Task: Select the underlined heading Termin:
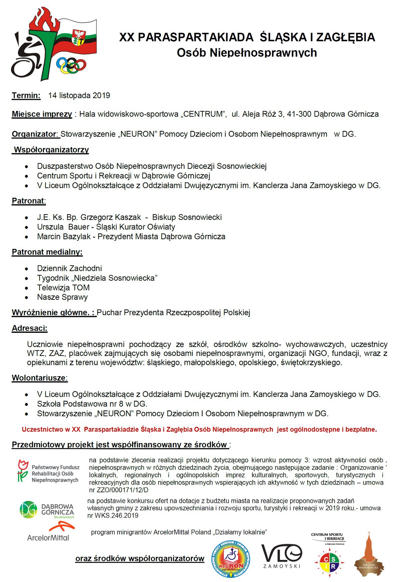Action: click(x=26, y=95)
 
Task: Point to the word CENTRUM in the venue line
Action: click(x=203, y=114)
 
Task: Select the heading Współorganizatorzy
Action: click(x=51, y=150)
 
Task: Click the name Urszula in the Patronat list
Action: click(x=50, y=227)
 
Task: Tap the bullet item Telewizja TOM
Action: click(x=63, y=288)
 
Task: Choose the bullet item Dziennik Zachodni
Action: click(x=69, y=268)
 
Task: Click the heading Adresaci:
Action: click(x=30, y=329)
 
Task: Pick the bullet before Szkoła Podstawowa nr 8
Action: click(x=27, y=405)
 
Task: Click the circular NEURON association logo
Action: click(x=231, y=559)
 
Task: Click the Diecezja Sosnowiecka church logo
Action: click(x=369, y=555)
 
